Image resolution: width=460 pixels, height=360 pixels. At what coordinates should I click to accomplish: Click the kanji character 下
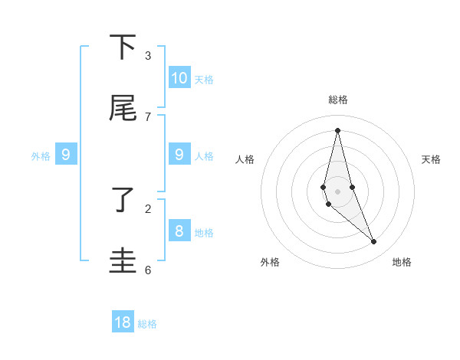[x=123, y=47]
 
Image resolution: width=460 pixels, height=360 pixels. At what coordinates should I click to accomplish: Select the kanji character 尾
[x=123, y=109]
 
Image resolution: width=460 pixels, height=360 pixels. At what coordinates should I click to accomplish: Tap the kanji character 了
[x=123, y=201]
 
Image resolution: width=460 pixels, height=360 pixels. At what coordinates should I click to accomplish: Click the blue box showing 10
[x=179, y=78]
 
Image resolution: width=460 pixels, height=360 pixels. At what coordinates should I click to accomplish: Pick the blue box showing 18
[x=123, y=322]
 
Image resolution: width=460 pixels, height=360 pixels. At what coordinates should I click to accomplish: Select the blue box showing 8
[x=179, y=231]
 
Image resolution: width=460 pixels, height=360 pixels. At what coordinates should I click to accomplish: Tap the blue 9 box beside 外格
[x=66, y=155]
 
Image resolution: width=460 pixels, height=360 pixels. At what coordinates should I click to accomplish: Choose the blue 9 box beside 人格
[x=179, y=155]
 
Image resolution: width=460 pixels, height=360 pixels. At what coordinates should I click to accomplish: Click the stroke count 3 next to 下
[x=148, y=55]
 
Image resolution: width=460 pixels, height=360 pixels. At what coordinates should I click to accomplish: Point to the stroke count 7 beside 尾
[x=148, y=116]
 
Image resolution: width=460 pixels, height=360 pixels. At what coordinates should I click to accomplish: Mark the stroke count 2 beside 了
[x=148, y=208]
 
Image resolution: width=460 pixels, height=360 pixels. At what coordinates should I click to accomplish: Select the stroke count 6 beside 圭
[x=148, y=270]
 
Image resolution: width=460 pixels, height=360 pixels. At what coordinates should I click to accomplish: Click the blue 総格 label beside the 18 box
[x=147, y=324]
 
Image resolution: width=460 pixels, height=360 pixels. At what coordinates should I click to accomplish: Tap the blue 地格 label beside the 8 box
[x=204, y=232]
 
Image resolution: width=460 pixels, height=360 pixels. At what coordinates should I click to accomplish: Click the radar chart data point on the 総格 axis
[x=337, y=129]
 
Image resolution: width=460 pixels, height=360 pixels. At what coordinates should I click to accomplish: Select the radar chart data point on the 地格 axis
[x=374, y=242]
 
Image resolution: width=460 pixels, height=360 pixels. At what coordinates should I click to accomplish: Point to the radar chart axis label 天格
[x=432, y=159]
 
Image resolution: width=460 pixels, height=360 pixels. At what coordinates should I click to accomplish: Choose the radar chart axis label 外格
[x=270, y=262]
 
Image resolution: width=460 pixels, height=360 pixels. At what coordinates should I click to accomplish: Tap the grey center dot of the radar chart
[x=337, y=191]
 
